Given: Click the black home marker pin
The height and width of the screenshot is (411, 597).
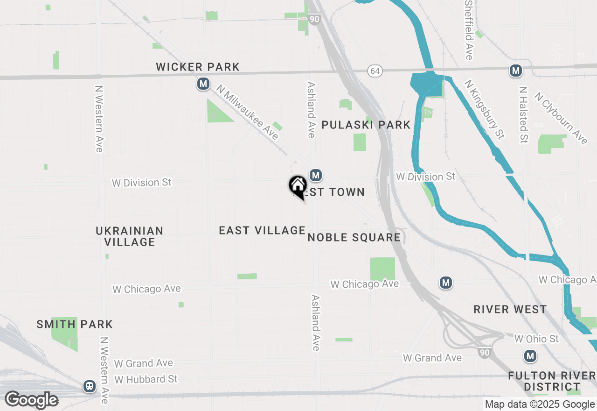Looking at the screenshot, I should [298, 186].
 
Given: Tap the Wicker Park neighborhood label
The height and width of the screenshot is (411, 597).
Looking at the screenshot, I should [198, 67].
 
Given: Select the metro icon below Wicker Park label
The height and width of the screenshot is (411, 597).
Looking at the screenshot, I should [203, 84].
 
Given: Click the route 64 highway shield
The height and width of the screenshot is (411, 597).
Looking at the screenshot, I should [374, 71].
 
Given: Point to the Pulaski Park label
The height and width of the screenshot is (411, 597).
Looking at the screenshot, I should [366, 125].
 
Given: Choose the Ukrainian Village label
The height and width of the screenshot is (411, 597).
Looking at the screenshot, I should [130, 236].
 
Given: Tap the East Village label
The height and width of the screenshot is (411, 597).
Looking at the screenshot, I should [262, 230].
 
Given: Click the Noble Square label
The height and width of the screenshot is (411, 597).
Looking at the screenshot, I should [354, 237].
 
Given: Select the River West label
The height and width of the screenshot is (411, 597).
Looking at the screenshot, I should [510, 309].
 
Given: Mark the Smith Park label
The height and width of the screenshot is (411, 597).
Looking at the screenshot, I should [75, 324].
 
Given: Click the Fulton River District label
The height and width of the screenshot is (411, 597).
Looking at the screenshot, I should [551, 381].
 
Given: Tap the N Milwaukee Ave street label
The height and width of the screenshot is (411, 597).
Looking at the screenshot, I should [247, 112].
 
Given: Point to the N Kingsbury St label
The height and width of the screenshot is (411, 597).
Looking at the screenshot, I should [484, 110].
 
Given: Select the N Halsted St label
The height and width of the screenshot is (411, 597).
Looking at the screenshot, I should [523, 114].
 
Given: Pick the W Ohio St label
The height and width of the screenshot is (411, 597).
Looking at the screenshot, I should [536, 339].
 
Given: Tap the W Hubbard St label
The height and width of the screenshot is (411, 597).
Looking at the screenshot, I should [146, 379].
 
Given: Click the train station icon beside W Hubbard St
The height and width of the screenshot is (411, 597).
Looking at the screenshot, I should [89, 386].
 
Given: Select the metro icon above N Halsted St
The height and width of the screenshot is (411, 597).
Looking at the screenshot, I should [515, 71].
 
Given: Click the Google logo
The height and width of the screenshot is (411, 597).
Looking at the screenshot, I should [31, 400].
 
